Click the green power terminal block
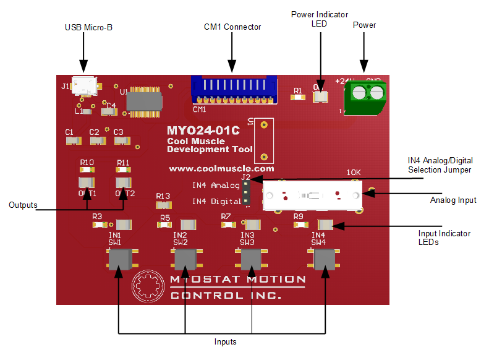point(365,98)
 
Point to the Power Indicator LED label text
point(319,19)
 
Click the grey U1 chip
point(144,101)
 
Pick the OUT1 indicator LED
point(86,182)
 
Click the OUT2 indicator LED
point(124,182)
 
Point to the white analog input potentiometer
point(313,196)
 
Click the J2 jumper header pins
point(246,193)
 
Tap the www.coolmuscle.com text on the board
point(221,168)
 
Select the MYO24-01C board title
point(203,131)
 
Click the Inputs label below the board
point(225,341)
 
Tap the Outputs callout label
point(22,205)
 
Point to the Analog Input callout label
point(454,200)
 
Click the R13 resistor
point(163,205)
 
